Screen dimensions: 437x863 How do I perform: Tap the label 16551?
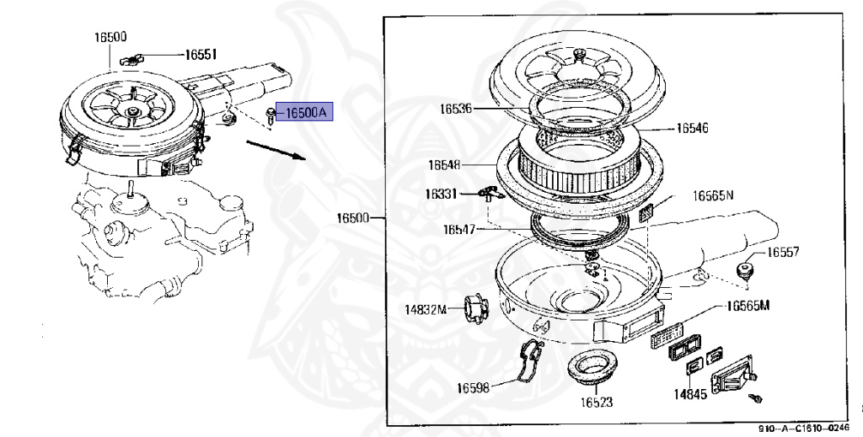pyautogui.click(x=201, y=55)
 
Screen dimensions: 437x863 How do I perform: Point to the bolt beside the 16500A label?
pyautogui.click(x=270, y=115)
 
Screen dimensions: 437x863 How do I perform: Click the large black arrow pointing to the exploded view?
pyautogui.click(x=275, y=149)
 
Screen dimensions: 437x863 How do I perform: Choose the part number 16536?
pyautogui.click(x=456, y=109)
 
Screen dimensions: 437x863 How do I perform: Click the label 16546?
pyautogui.click(x=692, y=129)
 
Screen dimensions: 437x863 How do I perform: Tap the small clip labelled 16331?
pyautogui.click(x=486, y=194)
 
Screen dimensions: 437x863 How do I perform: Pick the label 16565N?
pyautogui.click(x=712, y=195)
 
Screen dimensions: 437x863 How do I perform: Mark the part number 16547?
pyautogui.click(x=460, y=228)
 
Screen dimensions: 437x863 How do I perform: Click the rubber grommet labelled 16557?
pyautogui.click(x=744, y=270)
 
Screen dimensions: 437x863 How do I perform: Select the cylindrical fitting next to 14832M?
pyautogui.click(x=475, y=308)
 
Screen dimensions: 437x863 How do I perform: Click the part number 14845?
pyautogui.click(x=689, y=392)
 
